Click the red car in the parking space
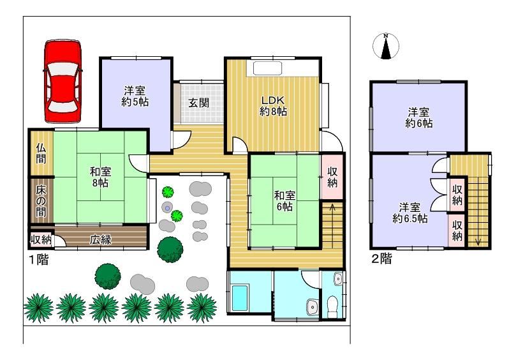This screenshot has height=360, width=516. pos(63,81)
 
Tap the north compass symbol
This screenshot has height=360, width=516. pos(386,46)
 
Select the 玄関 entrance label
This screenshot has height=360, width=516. pos(199,103)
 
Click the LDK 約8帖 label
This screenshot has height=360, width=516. pos(273,106)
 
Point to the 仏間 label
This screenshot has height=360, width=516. pos(41,153)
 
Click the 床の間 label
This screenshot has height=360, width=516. pos(41,200)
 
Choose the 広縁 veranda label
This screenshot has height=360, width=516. pos(101,239)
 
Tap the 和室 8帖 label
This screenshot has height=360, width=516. pos(100,177)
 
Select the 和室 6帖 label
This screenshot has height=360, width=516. pos(284,201)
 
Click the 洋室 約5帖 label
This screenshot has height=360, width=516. pos(135,96)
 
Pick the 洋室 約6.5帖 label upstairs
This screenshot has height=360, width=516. pos(409,213)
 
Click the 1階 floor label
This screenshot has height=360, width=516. pos(39,260)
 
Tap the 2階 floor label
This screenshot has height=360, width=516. pos(381,259)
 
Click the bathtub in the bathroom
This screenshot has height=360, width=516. pos(240,298)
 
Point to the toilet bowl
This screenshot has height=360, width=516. pos(332,306)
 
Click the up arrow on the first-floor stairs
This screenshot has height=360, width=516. pos(332,225)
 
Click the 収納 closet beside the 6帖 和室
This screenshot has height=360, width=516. pos(332,177)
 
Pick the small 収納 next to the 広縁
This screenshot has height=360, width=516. pos(41,239)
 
